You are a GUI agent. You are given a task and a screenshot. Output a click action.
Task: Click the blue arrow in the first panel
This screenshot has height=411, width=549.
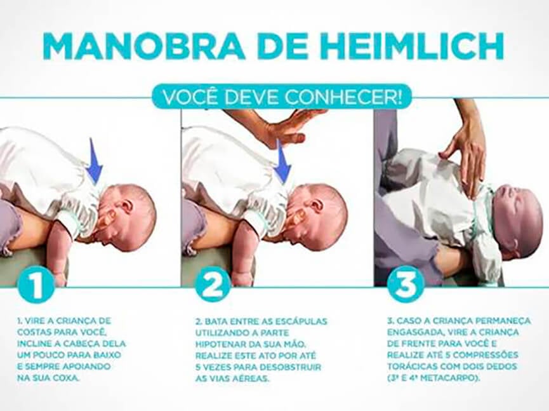95,161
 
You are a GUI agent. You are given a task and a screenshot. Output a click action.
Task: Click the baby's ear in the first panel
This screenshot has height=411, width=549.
105,218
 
